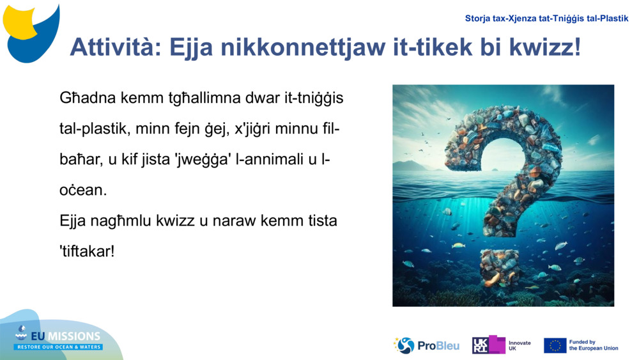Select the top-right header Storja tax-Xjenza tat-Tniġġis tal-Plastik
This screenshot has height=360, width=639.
click(x=546, y=19)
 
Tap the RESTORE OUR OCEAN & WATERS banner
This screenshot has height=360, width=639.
click(x=59, y=347)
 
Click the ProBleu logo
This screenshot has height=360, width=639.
click(x=426, y=345)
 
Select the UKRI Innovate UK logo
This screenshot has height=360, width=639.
click(x=502, y=345)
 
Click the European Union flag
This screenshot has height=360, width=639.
click(x=555, y=345)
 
